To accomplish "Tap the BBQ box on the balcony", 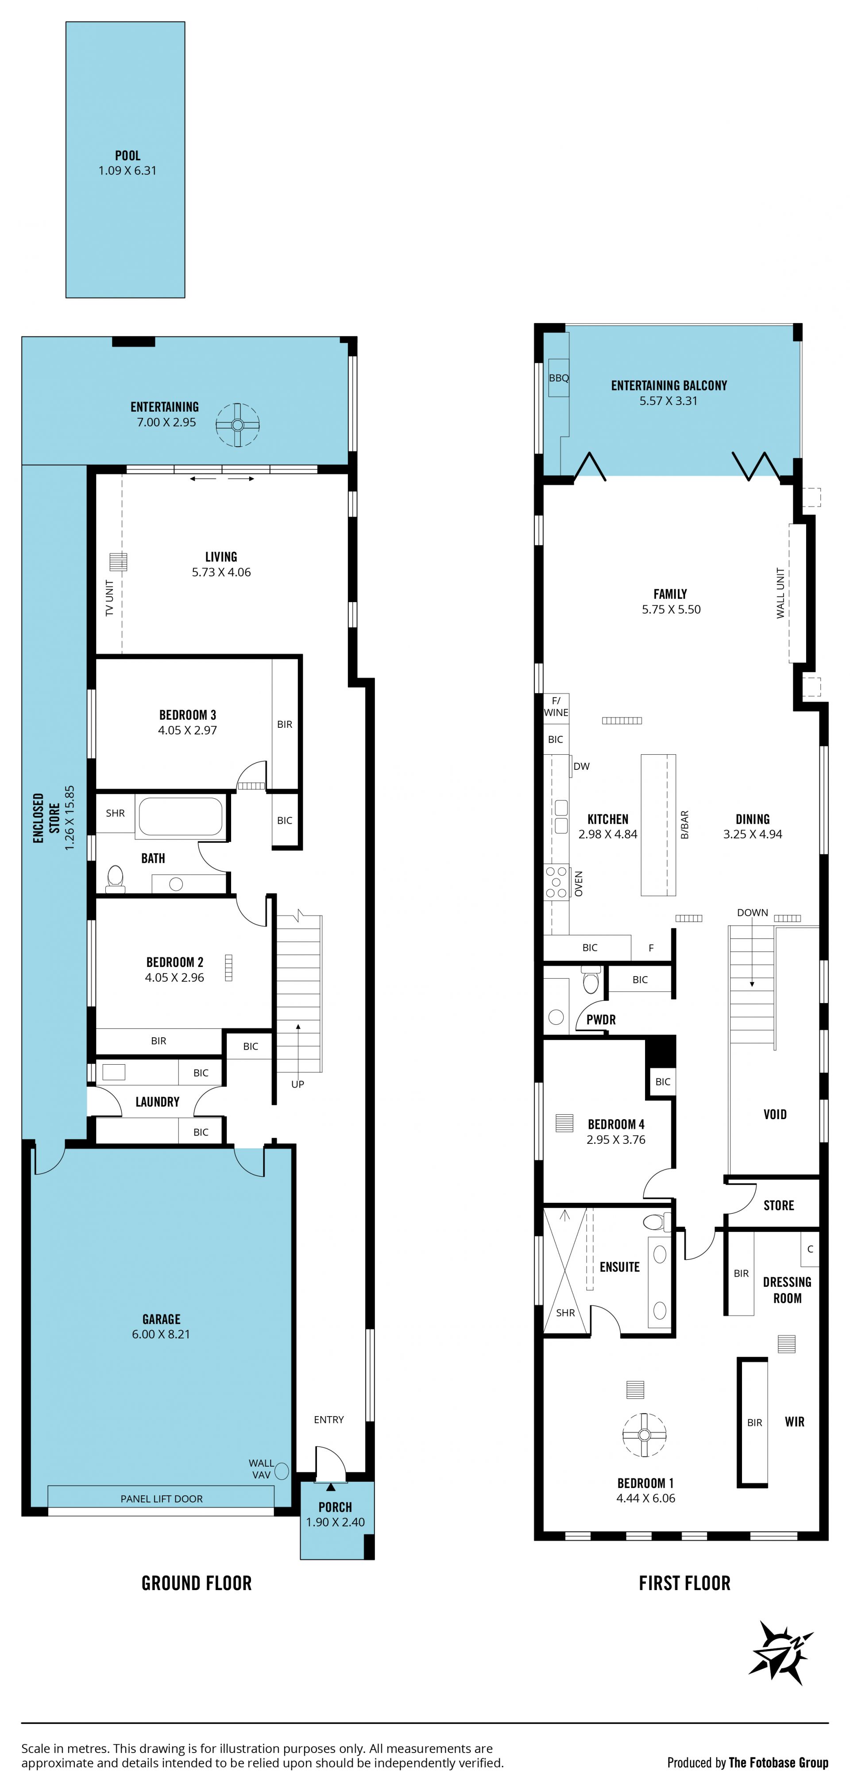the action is (x=559, y=378).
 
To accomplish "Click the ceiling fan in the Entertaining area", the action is (x=237, y=425).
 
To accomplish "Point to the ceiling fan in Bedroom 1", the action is (x=644, y=1434).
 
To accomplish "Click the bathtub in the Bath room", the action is (x=181, y=816).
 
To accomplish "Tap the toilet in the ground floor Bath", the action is (x=116, y=878).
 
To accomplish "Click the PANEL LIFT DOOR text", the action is (x=162, y=1498).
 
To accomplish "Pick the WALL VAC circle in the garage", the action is (x=282, y=1471).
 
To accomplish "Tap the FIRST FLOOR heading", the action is (x=684, y=1583).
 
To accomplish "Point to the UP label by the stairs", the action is (x=297, y=1084).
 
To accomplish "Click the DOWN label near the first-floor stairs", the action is (x=753, y=913).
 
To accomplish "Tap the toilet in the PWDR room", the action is (x=591, y=981).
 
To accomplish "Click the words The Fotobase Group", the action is (x=778, y=1762).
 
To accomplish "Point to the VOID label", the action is (x=775, y=1114).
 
